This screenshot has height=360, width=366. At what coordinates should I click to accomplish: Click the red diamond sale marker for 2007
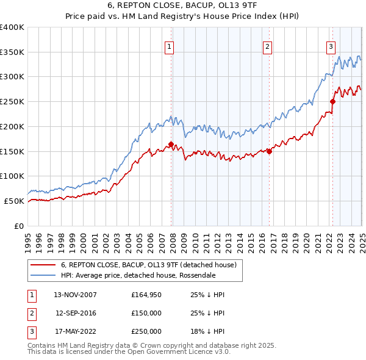coord(171,145)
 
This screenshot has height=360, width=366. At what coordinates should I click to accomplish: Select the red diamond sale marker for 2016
coord(270,152)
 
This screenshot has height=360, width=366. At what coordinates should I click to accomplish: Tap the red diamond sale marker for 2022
coord(333,102)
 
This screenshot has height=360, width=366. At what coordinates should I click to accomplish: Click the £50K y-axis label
coord(15,201)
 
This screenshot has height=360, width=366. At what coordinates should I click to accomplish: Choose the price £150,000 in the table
coord(146,313)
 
